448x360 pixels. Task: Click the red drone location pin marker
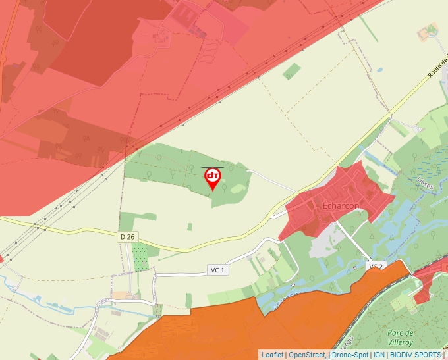213,178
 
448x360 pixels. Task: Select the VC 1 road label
217,270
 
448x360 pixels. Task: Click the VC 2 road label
376,266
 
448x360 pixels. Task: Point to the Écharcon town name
341,206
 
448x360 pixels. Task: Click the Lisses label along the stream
425,182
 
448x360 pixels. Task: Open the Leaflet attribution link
273,355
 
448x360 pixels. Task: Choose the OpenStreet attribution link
308,355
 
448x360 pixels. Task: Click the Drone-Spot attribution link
350,355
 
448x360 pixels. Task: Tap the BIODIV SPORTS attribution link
415,355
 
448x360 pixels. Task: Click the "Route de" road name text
437,70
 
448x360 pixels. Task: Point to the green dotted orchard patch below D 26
140,257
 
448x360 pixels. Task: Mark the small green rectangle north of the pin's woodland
291,72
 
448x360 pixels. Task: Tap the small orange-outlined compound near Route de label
429,30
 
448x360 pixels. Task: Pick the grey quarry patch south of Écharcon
323,246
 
